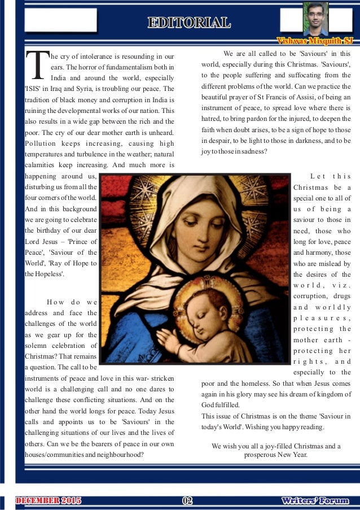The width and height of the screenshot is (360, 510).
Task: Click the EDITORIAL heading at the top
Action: [x=188, y=23]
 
